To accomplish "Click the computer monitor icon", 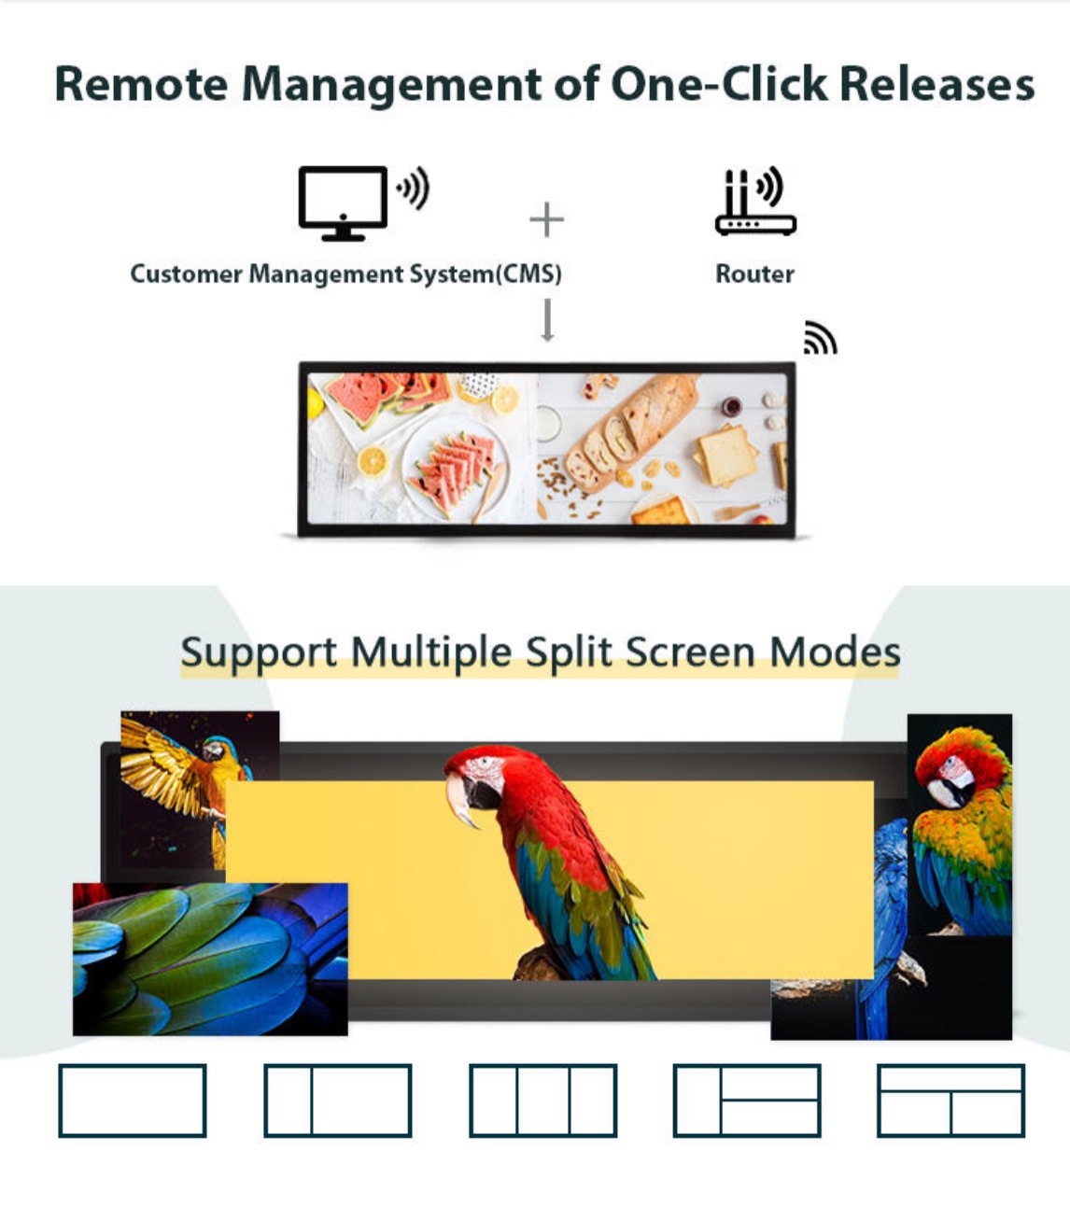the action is pyautogui.click(x=343, y=203).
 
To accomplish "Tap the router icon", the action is pyautogui.click(x=755, y=202).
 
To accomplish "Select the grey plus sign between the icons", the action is pyautogui.click(x=546, y=219).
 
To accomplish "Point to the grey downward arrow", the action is pyautogui.click(x=547, y=320).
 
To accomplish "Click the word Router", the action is pyautogui.click(x=754, y=273).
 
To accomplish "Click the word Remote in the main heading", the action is pyautogui.click(x=141, y=84).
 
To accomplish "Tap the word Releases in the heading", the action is pyautogui.click(x=936, y=84).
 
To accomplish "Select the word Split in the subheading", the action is pyautogui.click(x=569, y=652).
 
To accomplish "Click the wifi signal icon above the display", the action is pyautogui.click(x=820, y=338).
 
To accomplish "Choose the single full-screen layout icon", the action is pyautogui.click(x=133, y=1101).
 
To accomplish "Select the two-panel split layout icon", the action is pyautogui.click(x=338, y=1101).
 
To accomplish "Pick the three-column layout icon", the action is pyautogui.click(x=542, y=1101).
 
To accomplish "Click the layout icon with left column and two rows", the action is pyautogui.click(x=747, y=1101).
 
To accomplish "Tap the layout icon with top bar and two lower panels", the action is pyautogui.click(x=950, y=1101).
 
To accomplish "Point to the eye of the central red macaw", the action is pyautogui.click(x=484, y=764).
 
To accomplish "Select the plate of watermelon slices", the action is pyautogui.click(x=456, y=469).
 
